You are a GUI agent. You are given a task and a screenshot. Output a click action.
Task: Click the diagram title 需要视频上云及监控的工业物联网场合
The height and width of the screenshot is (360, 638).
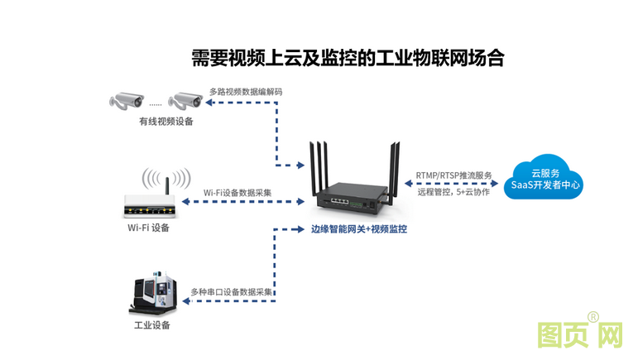coord(348,59)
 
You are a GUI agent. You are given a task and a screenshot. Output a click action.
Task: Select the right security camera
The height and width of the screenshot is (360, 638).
coord(185,101)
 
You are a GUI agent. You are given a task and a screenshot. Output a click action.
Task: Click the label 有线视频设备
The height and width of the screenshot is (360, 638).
coord(165,122)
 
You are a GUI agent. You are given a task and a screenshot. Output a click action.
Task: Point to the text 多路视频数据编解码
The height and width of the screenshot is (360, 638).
coord(246,92)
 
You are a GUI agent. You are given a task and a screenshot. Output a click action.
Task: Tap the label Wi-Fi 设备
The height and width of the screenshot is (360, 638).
coord(148,228)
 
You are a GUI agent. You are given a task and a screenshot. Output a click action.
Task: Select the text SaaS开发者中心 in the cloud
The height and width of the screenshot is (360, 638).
coord(546,185)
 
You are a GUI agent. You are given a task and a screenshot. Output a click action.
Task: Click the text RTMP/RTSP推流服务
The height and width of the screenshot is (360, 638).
coord(454,175)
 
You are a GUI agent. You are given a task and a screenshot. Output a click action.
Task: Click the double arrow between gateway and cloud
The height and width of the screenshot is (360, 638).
coord(454,184)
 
